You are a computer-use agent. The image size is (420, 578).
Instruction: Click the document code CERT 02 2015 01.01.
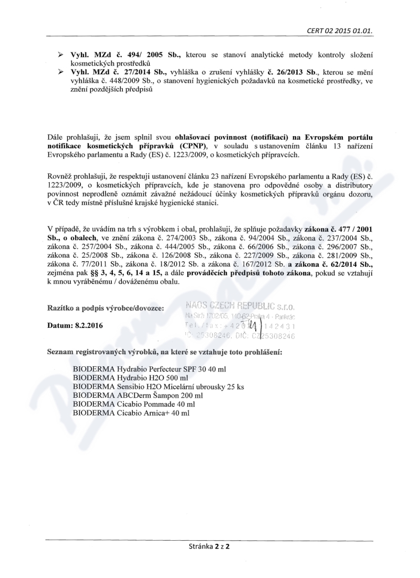tap(340, 31)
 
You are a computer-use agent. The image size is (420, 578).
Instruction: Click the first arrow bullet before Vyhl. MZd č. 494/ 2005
tap(60, 55)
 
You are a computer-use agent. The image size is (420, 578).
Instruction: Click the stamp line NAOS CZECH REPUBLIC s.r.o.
tap(240, 306)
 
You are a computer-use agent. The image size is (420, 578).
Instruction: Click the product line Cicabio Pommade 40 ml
tap(134, 405)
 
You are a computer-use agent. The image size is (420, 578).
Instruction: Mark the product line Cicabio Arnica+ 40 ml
tap(131, 414)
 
